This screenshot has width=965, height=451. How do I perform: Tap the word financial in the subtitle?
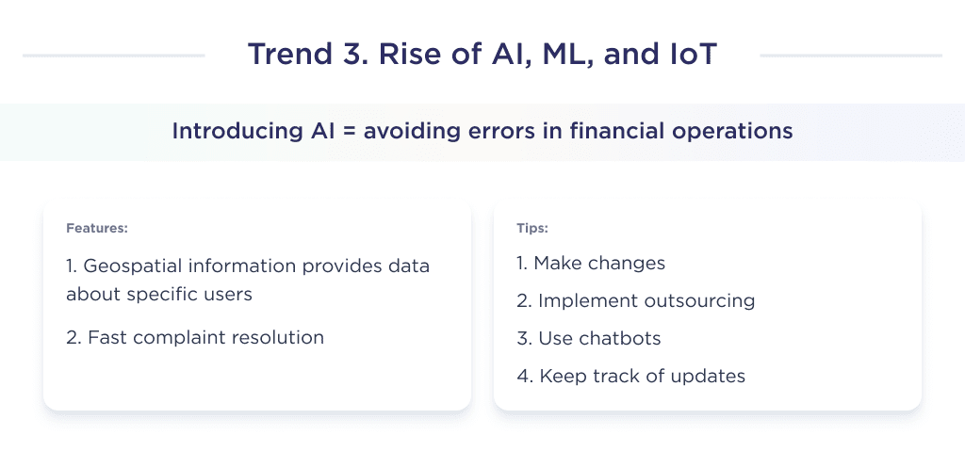[x=604, y=131]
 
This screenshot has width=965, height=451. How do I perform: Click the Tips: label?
[x=532, y=228]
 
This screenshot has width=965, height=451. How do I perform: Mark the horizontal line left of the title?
[x=113, y=56]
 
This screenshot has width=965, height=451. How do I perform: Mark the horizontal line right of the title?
[x=851, y=56]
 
